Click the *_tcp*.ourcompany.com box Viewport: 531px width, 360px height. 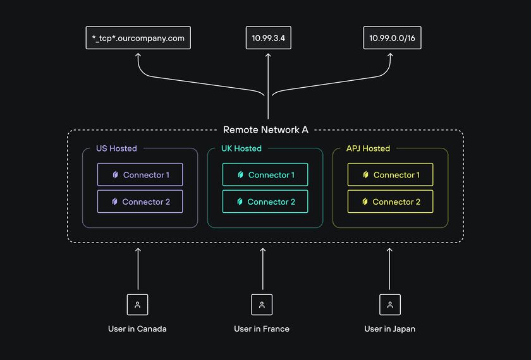tap(138, 38)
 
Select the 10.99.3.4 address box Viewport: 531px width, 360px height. tap(268, 38)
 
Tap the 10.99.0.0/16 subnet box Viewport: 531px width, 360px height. tap(392, 38)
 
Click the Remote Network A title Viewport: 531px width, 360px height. tap(265, 129)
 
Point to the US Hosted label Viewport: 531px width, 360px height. tap(116, 148)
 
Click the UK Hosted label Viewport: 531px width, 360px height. tap(241, 148)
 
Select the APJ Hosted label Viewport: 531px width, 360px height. tap(368, 148)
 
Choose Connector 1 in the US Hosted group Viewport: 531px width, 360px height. tap(140, 175)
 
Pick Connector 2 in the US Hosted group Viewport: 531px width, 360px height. tap(140, 201)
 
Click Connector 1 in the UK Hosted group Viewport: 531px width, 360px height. tap(265, 175)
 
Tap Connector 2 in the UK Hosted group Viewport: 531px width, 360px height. tap(265, 201)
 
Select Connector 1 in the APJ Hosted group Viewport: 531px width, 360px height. tap(390, 175)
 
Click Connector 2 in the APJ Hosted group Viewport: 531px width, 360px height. tap(390, 201)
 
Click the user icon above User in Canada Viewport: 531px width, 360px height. tap(137, 304)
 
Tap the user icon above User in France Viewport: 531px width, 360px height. tap(262, 304)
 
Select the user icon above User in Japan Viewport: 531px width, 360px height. tap(389, 304)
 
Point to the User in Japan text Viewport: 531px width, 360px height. tap(389, 329)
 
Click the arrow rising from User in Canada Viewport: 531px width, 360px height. tap(137, 268)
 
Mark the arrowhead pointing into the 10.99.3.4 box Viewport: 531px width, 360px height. tap(268, 56)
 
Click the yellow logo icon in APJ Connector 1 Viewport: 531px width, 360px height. tap(365, 175)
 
